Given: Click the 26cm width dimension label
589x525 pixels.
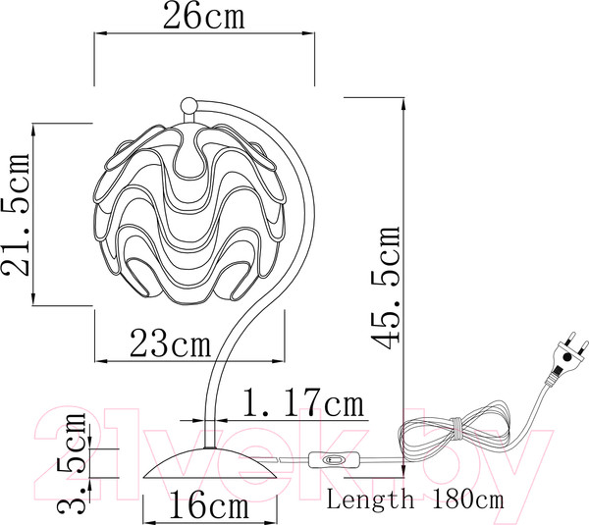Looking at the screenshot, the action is point(204,16).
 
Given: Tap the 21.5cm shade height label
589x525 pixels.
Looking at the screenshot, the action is point(16,215).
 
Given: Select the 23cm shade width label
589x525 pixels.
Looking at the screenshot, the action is point(170,343).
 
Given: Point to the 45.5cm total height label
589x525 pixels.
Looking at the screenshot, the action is point(386,288).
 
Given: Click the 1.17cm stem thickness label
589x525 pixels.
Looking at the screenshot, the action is point(304,402).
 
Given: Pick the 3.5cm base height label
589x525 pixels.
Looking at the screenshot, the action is point(72,463).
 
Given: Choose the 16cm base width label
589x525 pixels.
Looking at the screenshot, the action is point(209,505).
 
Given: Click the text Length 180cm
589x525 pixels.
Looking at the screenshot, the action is point(415,499).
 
